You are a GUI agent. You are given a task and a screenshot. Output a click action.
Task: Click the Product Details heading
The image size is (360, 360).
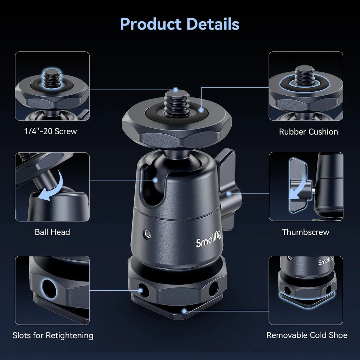coord(180,24)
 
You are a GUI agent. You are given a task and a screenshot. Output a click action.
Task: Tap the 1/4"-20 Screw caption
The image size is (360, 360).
coord(51,131)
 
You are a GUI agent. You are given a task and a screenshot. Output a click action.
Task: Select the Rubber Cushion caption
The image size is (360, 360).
coord(308,132)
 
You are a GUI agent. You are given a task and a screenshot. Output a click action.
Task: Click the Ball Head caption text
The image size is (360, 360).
coord(52,232)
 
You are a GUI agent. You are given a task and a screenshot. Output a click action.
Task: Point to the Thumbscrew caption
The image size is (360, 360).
coord(306,232)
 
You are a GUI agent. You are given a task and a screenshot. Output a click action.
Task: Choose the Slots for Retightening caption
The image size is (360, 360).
coord(53,335)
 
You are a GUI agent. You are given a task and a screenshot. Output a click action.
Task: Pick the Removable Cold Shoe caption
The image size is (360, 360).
coord(307,335)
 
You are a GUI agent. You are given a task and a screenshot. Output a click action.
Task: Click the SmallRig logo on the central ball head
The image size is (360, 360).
coord(208,241)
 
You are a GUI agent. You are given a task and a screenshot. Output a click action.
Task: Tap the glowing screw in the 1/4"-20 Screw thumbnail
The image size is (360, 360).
coord(52,78)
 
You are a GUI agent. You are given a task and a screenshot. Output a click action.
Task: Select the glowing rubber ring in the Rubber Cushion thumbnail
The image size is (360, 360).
coord(304,84)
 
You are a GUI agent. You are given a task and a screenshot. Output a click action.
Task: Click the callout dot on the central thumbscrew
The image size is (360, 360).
coord(229,193)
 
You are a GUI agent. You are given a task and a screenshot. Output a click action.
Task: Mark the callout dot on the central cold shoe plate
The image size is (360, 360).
coord(184,311)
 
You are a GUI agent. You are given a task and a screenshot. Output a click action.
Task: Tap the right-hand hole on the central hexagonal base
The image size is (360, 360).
coord(213,289)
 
